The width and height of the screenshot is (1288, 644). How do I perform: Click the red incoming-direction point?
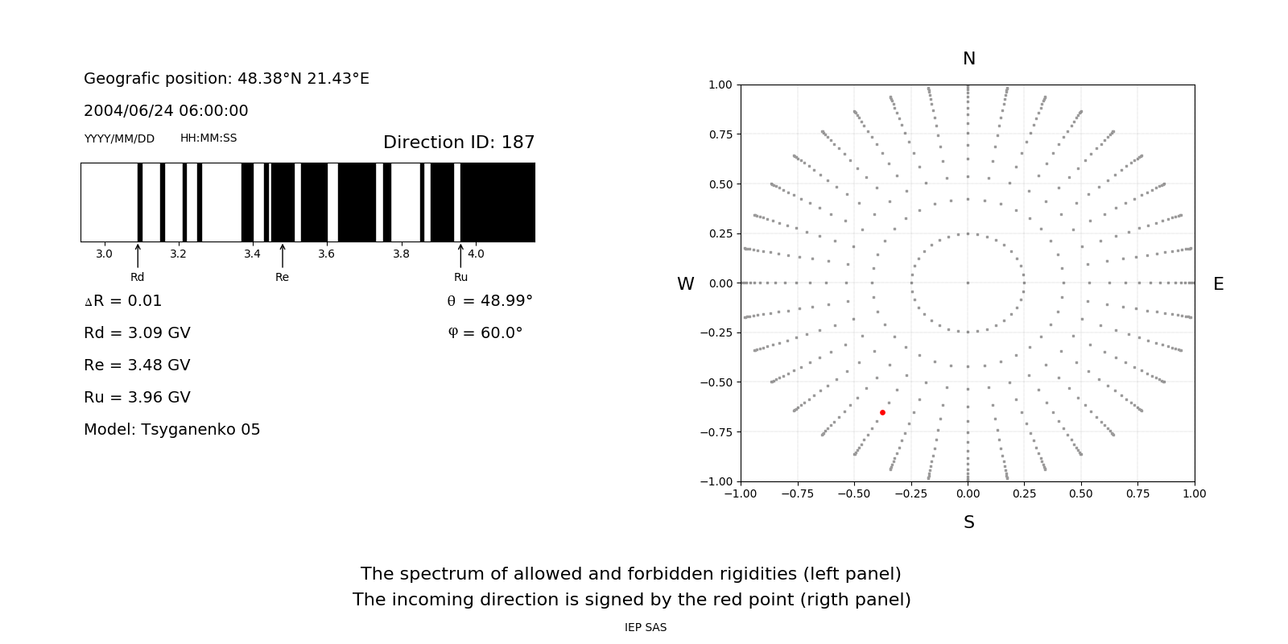[x=882, y=413]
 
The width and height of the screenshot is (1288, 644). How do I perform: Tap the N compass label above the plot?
[x=969, y=59]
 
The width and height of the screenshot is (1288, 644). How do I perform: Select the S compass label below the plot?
[x=969, y=522]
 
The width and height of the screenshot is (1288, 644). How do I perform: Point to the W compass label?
[x=685, y=284]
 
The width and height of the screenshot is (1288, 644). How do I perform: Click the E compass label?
[x=1218, y=284]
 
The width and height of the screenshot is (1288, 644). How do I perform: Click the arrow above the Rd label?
[x=138, y=255]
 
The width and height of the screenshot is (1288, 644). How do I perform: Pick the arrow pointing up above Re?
[x=283, y=255]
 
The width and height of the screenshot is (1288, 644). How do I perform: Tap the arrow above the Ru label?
[x=460, y=255]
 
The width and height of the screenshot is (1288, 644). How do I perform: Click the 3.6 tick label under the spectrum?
[x=326, y=254]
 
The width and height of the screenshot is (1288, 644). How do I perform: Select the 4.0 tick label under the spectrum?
[x=476, y=254]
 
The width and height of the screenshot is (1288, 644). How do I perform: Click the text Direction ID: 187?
[x=459, y=142]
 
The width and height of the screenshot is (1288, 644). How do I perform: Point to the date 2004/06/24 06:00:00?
[x=166, y=111]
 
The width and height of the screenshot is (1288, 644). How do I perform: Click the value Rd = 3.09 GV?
[x=137, y=333]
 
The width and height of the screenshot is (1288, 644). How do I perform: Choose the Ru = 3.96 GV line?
[x=137, y=398]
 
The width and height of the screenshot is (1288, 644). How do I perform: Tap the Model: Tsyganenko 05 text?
[x=172, y=430]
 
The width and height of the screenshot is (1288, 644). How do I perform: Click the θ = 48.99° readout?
[x=489, y=301]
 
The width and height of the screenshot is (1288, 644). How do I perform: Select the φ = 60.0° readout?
[x=485, y=333]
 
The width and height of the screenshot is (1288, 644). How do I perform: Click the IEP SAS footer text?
[x=646, y=628]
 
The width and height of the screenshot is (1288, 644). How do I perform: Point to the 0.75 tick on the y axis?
[x=720, y=134]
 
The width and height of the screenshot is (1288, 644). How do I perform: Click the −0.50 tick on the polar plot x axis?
[x=854, y=493]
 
